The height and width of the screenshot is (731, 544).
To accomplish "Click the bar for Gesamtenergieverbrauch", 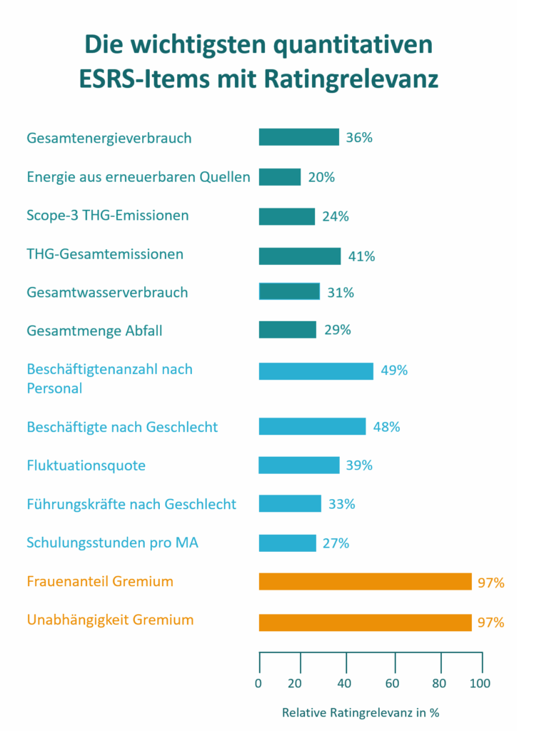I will coord(298,137).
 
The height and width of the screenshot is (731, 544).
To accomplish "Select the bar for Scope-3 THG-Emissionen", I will coord(286,216).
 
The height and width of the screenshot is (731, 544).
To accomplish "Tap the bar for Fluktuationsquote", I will coord(298,465).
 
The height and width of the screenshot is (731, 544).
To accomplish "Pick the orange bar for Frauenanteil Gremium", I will coord(365,582).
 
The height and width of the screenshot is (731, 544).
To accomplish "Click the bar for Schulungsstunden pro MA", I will coord(287,543).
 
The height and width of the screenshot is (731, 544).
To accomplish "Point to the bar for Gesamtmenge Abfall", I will coord(287,330).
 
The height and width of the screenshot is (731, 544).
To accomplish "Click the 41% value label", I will coord(361,256).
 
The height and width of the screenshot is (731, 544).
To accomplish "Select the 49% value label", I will coord(394,370).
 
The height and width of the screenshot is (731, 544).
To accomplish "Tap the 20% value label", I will coord(321,177).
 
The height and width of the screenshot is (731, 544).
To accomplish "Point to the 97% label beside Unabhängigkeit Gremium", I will coord(491,622).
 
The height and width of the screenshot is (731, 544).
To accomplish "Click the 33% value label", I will coord(341,504).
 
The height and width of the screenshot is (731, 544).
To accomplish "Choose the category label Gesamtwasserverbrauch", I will coord(107,292).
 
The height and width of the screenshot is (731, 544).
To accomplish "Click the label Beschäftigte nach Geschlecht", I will coord(122,427).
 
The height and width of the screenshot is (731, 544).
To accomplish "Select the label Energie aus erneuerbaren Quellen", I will coord(138,177).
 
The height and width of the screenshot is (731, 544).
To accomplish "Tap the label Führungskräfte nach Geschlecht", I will coord(131,504).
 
